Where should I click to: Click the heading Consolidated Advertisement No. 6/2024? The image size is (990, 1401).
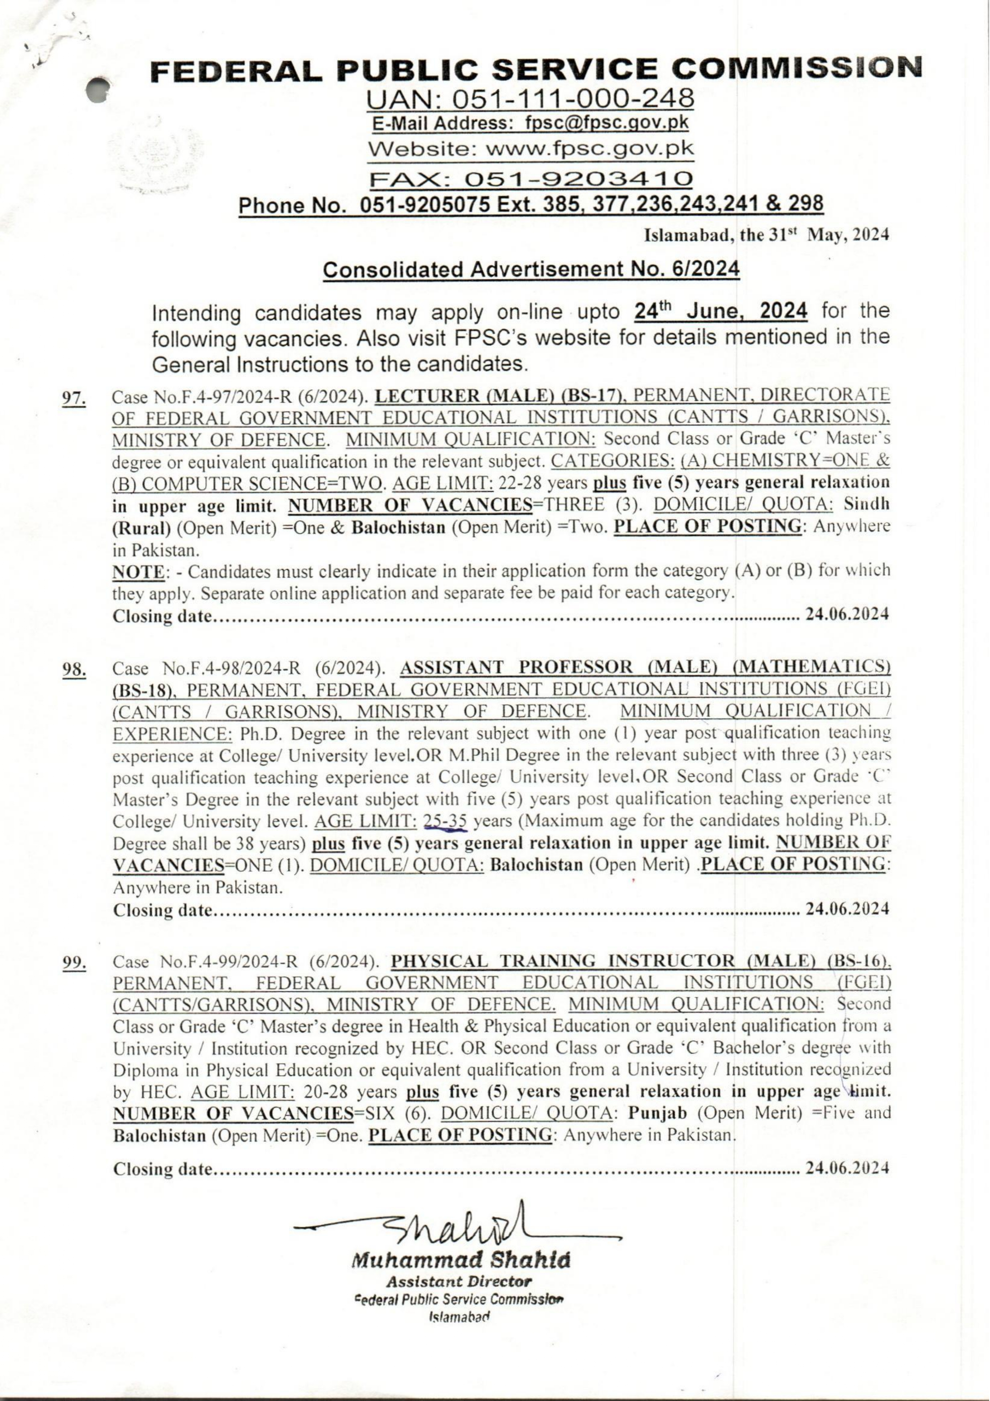pos(531,269)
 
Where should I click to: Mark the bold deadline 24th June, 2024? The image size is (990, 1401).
pos(720,311)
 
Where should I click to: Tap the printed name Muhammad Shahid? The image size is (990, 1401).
pos(461,1259)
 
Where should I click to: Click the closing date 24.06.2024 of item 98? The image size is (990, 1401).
pos(847,909)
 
